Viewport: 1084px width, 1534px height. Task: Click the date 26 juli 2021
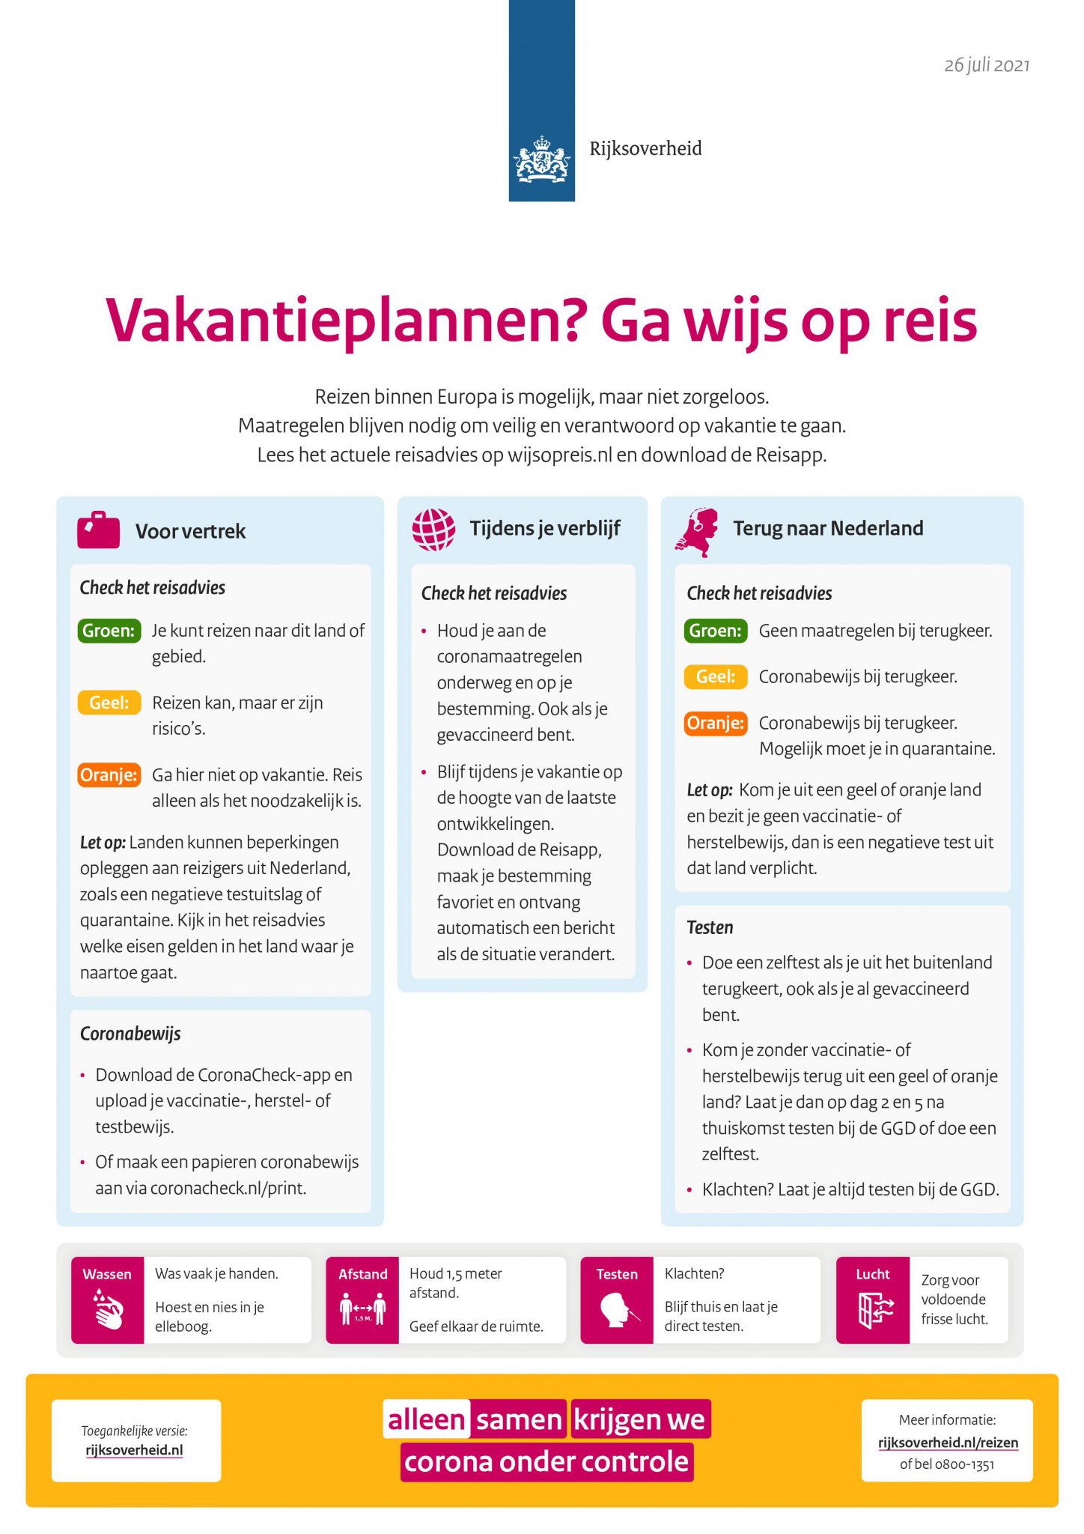(986, 65)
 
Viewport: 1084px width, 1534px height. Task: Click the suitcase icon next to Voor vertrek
(98, 530)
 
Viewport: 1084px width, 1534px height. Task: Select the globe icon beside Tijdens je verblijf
(433, 529)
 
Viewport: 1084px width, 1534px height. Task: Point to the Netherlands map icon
(698, 531)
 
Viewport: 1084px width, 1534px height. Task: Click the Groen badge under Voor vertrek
(109, 631)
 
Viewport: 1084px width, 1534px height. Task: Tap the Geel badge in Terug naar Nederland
(715, 677)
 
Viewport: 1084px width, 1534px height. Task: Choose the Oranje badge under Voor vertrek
(109, 774)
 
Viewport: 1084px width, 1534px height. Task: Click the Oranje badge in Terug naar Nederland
(715, 723)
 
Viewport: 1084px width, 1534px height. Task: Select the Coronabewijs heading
(130, 1034)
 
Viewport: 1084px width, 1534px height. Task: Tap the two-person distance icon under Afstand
(362, 1309)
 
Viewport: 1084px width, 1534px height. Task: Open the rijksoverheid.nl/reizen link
(948, 1443)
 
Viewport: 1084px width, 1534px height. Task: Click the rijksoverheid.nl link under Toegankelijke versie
(134, 1449)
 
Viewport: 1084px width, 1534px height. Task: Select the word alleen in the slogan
(426, 1419)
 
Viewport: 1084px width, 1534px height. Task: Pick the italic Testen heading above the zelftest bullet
(710, 927)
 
